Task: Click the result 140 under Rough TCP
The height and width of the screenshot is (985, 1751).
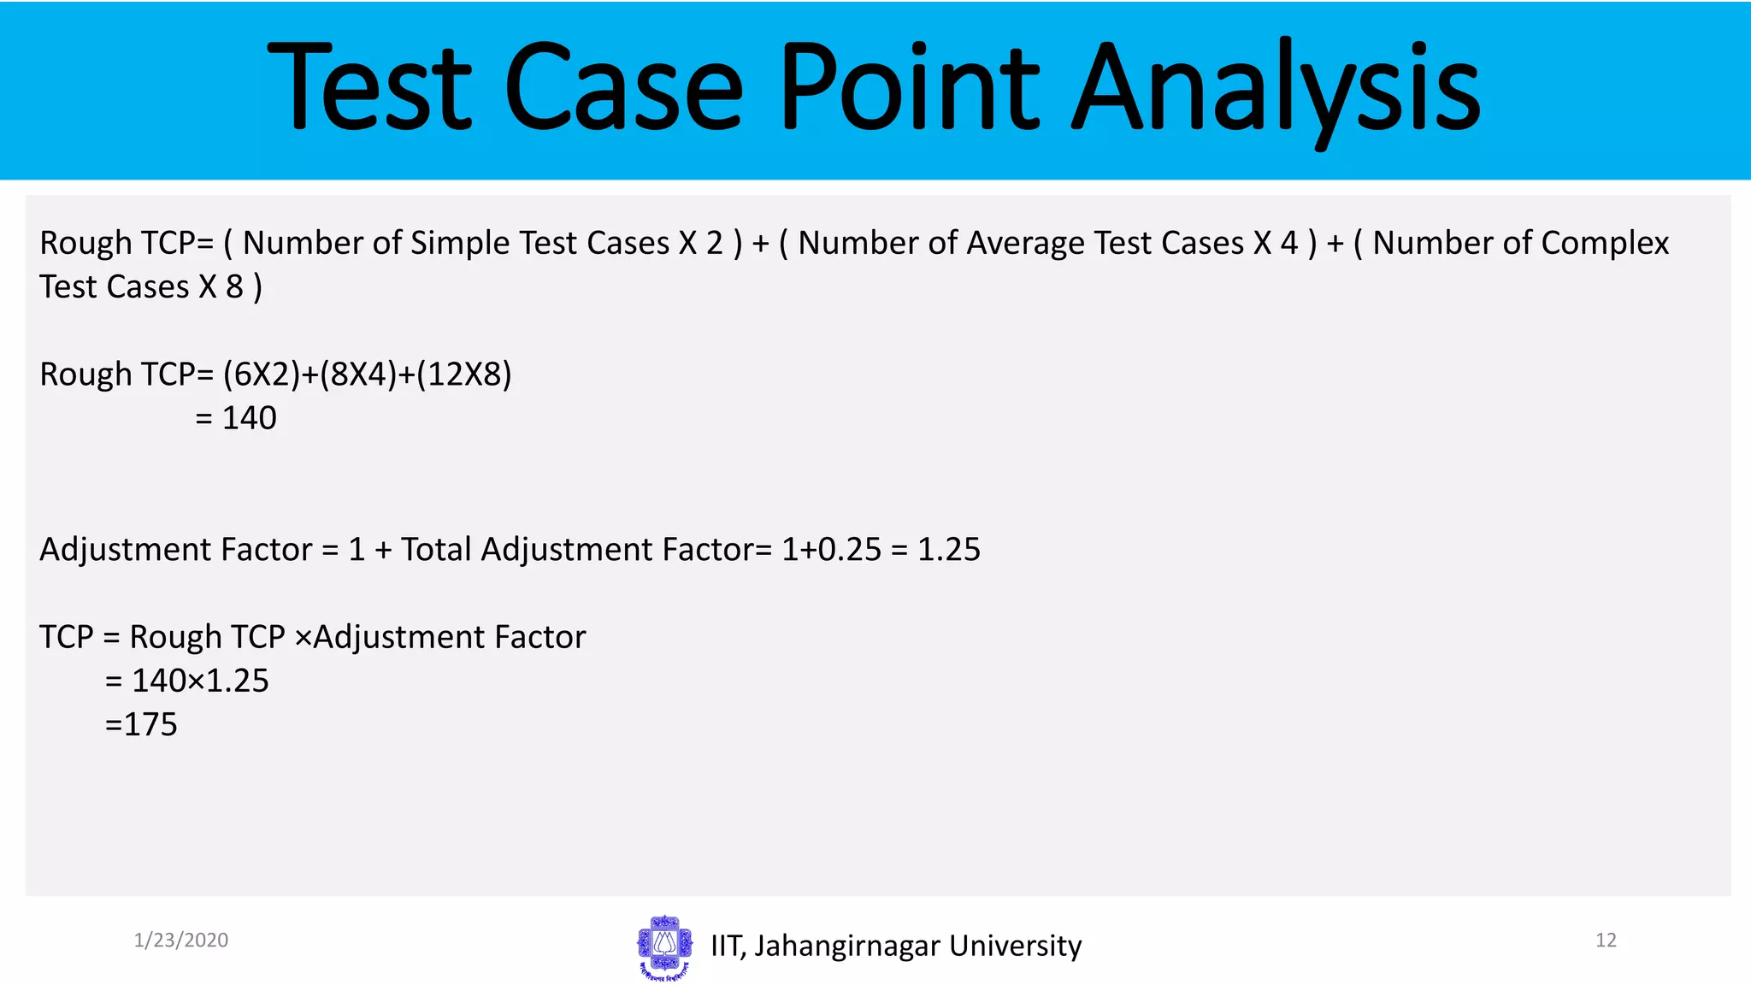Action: point(249,418)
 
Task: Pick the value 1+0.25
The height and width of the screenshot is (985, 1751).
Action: point(830,550)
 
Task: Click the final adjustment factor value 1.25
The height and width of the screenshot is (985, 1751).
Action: point(948,550)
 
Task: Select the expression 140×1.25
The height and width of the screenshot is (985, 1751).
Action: point(200,681)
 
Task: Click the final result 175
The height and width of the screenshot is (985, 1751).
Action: point(150,725)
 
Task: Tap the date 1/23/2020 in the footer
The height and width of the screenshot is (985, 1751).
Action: point(180,941)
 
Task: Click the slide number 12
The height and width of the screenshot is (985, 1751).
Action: point(1605,941)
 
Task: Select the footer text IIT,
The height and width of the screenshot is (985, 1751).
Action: point(728,947)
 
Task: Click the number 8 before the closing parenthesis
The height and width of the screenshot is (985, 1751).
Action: point(234,287)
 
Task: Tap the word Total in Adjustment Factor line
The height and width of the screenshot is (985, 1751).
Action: point(436,550)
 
